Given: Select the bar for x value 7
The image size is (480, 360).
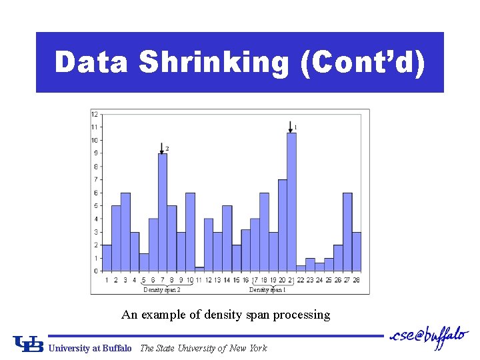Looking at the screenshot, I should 162,212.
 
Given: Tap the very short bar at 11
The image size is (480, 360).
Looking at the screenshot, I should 199,269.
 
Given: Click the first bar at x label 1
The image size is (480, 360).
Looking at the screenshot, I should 107,257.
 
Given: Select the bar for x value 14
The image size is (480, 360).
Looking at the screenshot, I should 227,238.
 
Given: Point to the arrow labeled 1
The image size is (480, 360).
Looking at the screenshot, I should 291,126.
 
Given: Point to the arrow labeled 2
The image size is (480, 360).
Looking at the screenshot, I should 162,147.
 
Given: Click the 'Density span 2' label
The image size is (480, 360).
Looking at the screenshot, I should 162,290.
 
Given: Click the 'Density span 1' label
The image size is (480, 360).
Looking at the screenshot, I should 267,290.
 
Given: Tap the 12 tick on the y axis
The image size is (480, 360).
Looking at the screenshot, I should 95,114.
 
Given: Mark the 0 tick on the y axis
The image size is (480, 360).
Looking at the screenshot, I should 95,271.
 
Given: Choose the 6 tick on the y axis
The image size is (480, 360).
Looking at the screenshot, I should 95,193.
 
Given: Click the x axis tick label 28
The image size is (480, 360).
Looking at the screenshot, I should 357,280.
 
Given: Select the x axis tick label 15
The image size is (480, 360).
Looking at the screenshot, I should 236,280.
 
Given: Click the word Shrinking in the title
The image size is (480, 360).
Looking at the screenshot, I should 214,63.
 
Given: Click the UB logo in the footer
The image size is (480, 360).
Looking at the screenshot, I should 28,344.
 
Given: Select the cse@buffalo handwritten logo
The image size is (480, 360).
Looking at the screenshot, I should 428,339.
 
